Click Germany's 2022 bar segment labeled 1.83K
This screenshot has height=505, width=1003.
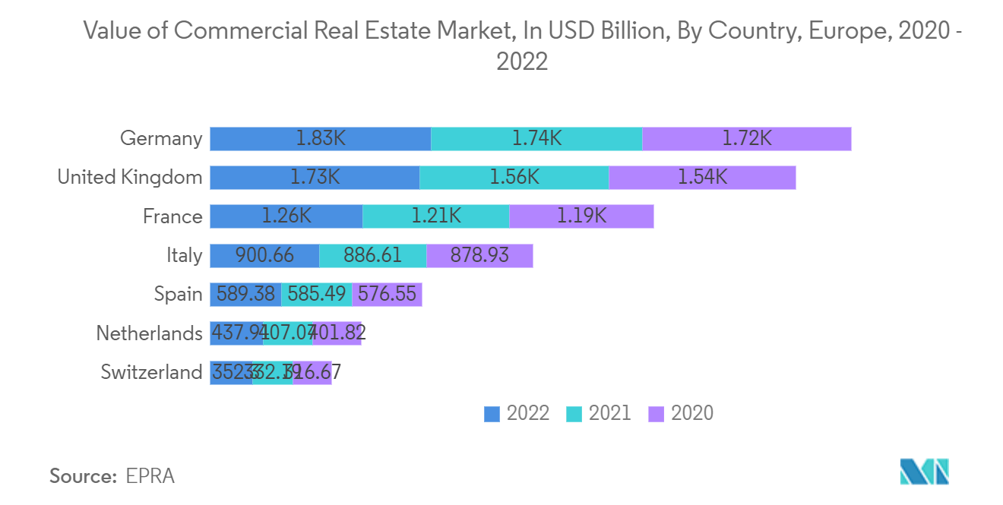[320, 139]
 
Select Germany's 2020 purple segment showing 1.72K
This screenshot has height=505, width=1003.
[746, 139]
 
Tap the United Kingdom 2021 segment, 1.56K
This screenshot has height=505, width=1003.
[514, 178]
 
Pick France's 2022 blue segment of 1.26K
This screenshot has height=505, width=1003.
[286, 216]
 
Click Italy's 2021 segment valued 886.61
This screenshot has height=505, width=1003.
[372, 256]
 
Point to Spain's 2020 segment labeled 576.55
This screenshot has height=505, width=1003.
[387, 295]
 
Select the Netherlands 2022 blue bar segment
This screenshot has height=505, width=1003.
[236, 333]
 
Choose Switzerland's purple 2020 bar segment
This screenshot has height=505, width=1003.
[312, 373]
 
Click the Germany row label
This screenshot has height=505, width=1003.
[161, 139]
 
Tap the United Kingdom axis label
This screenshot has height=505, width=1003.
[130, 178]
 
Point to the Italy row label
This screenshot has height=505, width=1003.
[185, 256]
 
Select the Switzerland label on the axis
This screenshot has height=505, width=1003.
[151, 373]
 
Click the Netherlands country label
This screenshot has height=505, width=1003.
[149, 333]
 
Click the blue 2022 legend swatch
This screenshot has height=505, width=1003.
[492, 413]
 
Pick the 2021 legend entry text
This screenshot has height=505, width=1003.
[609, 412]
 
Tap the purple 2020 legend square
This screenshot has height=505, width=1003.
[656, 413]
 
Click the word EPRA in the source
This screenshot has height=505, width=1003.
[152, 476]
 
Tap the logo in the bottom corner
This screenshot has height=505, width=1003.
[924, 472]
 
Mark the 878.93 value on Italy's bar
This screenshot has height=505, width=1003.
[479, 256]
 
